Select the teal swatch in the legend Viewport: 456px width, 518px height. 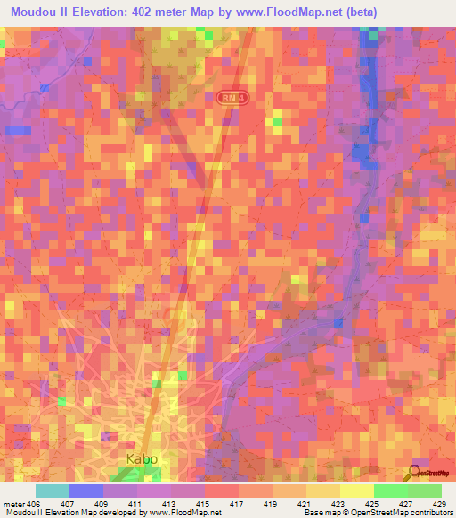pyautogui.click(x=52, y=490)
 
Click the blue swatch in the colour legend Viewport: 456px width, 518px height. pyautogui.click(x=85, y=490)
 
